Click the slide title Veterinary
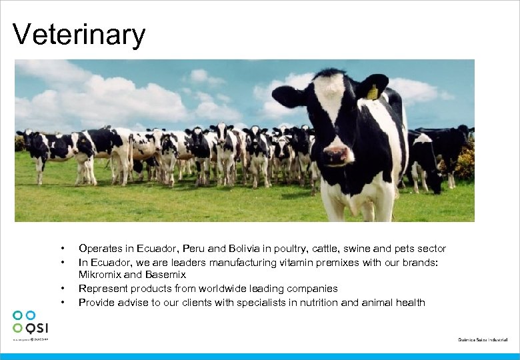pos(79,35)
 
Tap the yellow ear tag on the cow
pos(372,93)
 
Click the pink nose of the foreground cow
pos(339,155)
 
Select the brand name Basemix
pos(164,275)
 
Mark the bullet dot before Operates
pos(61,249)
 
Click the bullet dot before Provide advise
pos(61,303)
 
